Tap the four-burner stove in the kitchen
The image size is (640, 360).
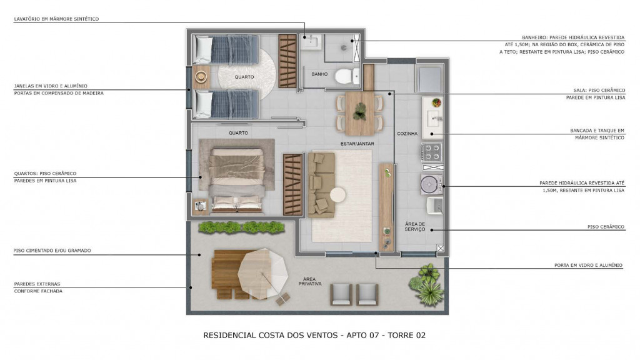coord(431,152)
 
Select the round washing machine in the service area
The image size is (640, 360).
coord(431,184)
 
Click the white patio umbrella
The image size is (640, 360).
coord(263,274)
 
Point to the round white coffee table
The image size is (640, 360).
coord(337,195)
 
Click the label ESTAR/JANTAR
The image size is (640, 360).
coord(357,144)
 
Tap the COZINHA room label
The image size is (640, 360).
coord(407,134)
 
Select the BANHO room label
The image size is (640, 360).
coord(319,74)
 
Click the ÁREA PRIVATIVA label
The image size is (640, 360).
coord(310,281)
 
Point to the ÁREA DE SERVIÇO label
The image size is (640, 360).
coord(415,226)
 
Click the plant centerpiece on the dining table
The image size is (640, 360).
coord(360,111)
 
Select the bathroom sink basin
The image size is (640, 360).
coord(311,42)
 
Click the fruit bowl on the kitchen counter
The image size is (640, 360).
coord(436,102)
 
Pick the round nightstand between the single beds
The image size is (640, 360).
coord(201,77)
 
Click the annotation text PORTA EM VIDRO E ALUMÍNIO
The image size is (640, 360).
coord(588,265)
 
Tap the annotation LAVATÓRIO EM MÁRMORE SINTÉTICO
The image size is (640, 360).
coord(56,19)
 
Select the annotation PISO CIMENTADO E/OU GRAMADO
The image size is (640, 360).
coord(52,251)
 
